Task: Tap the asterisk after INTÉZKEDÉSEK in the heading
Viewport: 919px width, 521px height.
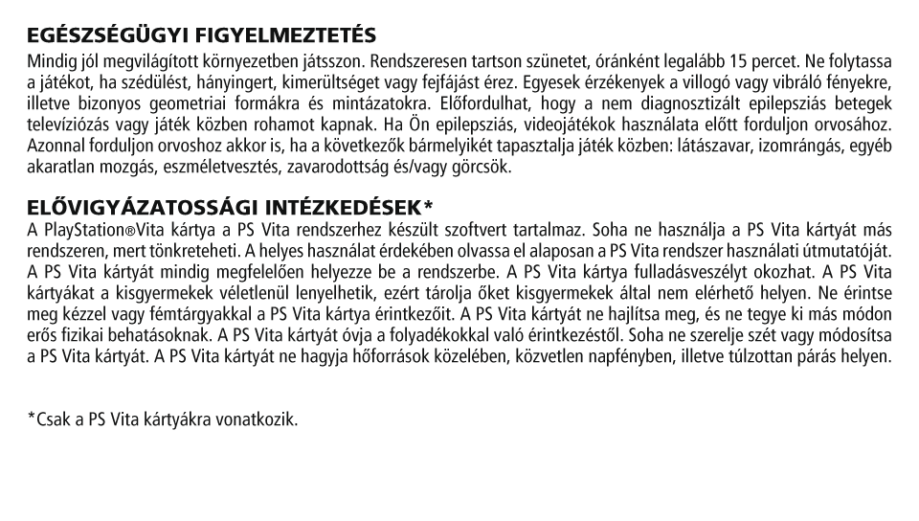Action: (x=427, y=206)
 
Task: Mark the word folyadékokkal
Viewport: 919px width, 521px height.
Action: (x=562, y=335)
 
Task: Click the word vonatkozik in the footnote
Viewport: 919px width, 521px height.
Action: (x=261, y=419)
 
